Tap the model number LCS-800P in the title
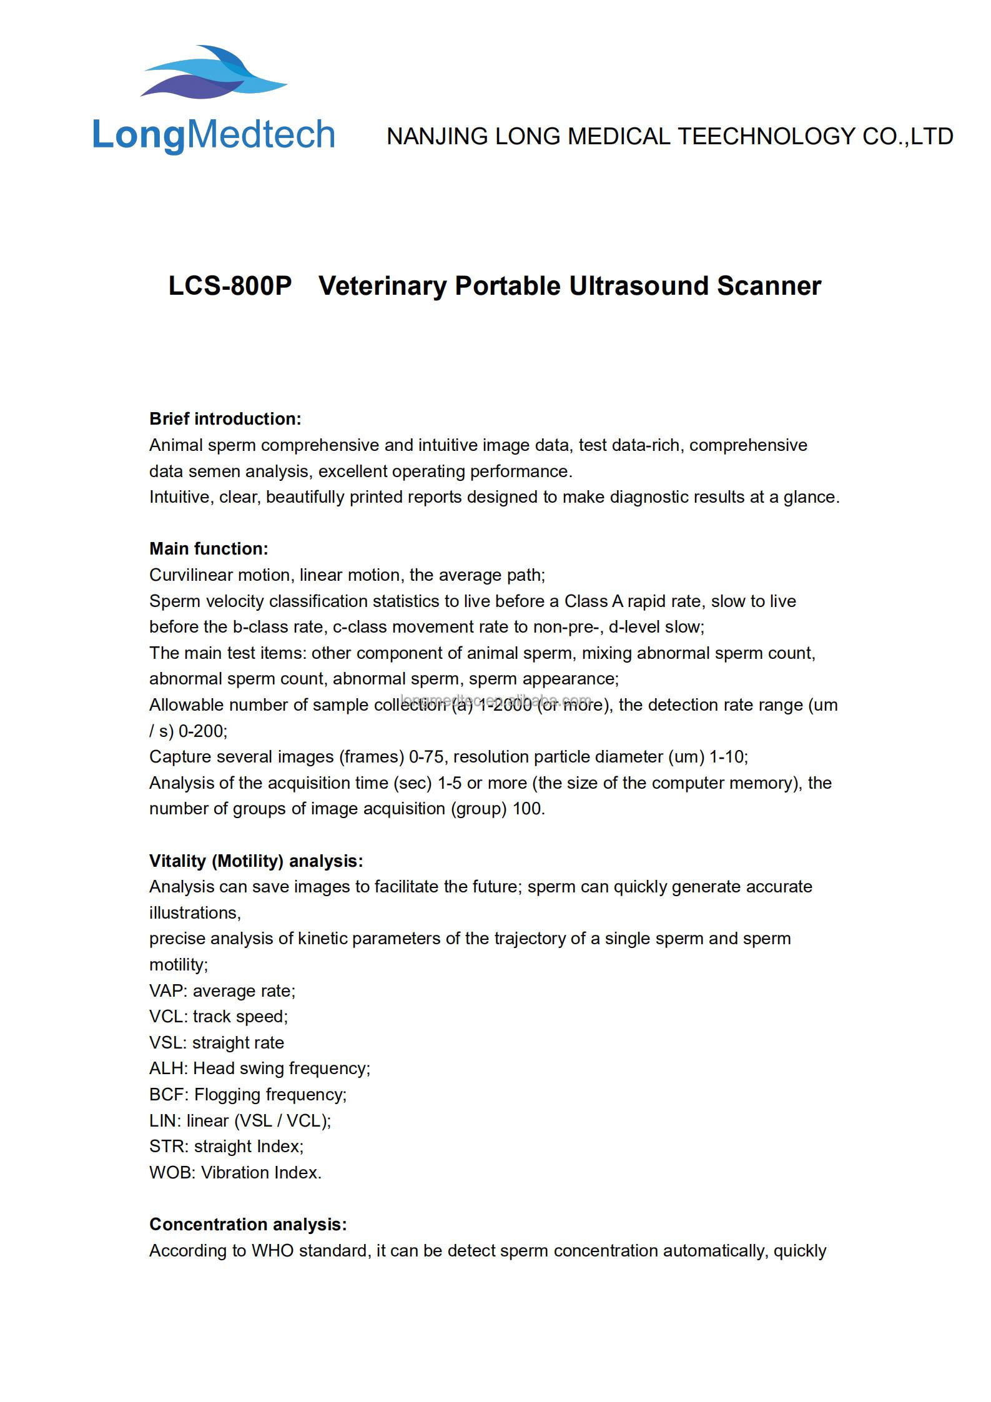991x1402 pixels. coord(230,286)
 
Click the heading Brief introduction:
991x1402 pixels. coord(225,419)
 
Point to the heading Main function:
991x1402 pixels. coord(209,549)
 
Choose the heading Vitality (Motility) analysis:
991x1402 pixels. coord(256,861)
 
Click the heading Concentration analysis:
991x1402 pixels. coord(248,1225)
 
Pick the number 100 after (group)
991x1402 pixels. coord(528,809)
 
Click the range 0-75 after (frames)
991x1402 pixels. coord(426,757)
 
